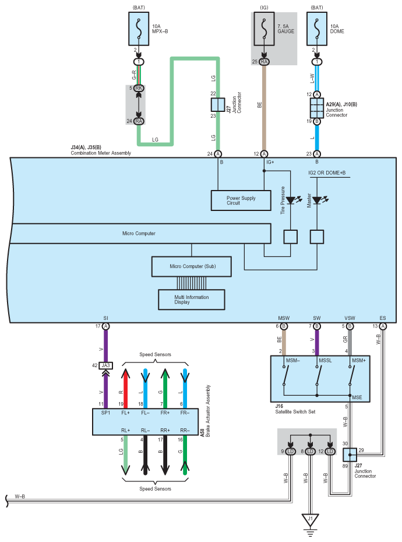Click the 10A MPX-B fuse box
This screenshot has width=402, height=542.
click(139, 29)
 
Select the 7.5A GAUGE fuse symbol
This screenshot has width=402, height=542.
click(264, 29)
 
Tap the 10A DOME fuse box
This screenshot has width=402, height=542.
click(317, 29)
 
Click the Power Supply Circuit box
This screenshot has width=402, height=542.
click(241, 200)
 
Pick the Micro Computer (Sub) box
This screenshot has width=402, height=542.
click(192, 266)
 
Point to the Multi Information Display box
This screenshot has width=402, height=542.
click(192, 300)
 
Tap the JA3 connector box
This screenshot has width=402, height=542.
click(106, 365)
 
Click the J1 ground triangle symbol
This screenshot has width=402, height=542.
click(310, 520)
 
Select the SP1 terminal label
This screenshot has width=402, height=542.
click(106, 413)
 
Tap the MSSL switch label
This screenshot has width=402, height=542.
click(325, 361)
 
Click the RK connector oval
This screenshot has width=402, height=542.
click(139, 88)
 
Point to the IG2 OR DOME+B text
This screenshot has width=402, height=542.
click(327, 173)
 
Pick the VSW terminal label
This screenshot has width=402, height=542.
click(350, 318)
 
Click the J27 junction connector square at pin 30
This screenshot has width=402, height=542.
click(350, 455)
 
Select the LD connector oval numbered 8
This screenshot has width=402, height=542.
click(310, 452)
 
